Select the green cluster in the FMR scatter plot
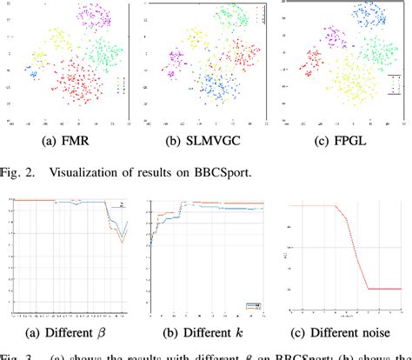(107, 54)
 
